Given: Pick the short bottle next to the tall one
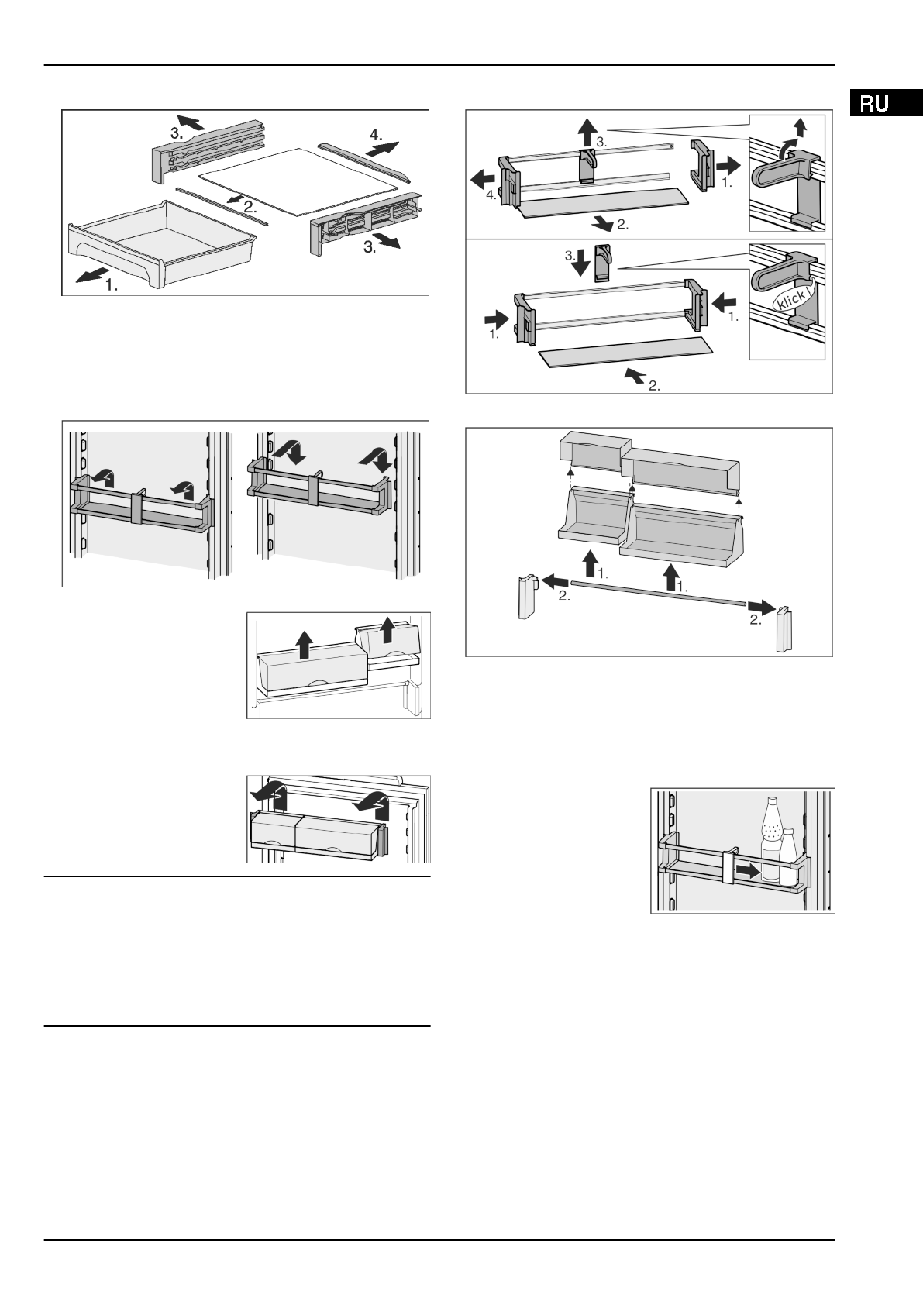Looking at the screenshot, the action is pyautogui.click(x=787, y=858).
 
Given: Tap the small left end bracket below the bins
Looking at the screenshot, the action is pyautogui.click(x=526, y=596).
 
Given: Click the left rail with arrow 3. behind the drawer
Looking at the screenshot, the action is pyautogui.click(x=208, y=153).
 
